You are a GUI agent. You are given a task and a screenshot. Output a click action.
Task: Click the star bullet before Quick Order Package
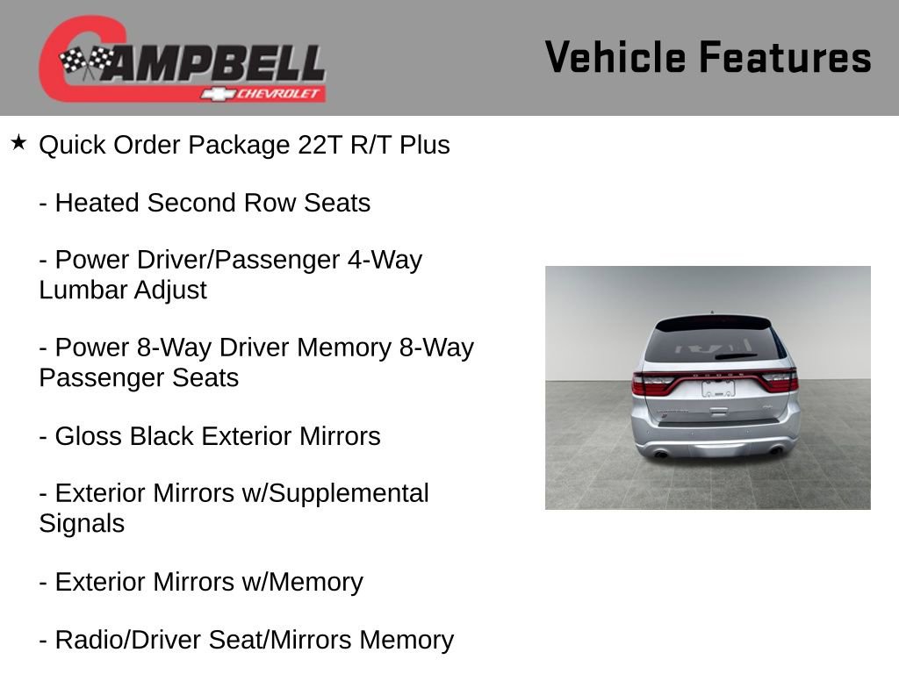18,142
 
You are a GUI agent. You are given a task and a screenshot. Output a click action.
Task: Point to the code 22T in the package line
320,145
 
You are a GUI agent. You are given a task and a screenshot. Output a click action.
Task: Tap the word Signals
82,524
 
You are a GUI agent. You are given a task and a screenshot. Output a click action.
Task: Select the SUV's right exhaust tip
776,451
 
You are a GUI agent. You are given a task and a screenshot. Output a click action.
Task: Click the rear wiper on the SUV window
736,356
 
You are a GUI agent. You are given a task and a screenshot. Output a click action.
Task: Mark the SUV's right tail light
780,381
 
